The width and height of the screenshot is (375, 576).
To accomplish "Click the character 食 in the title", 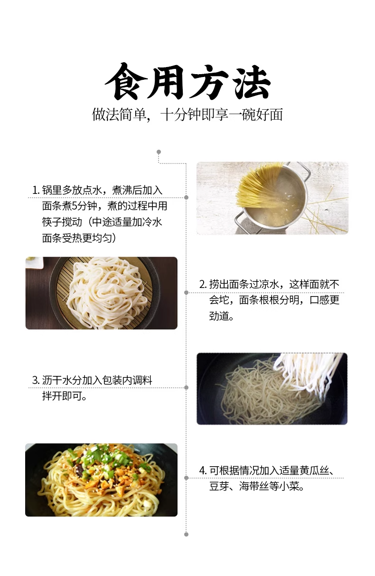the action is pyautogui.click(x=123, y=82).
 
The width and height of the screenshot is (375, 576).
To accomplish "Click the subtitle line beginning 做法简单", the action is pyautogui.click(x=187, y=115).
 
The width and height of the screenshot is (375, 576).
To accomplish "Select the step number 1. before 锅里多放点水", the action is pyautogui.click(x=36, y=190).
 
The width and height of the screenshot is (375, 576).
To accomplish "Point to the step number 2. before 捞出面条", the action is pyautogui.click(x=203, y=284).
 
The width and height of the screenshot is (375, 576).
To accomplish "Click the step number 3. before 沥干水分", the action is pyautogui.click(x=36, y=380).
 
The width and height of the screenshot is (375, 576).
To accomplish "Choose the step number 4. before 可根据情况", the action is pyautogui.click(x=203, y=470).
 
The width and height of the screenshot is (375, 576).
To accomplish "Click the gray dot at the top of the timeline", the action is pyautogui.click(x=159, y=152).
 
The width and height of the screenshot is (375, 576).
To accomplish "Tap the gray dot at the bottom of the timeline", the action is pyautogui.click(x=187, y=534).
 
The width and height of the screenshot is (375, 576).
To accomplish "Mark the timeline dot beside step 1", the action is pyautogui.click(x=187, y=198).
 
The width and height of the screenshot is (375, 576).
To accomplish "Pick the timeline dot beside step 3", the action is pyautogui.click(x=187, y=387).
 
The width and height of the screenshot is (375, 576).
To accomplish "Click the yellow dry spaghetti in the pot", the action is pyautogui.click(x=260, y=185).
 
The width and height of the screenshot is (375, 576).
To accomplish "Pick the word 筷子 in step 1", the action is pyautogui.click(x=52, y=222).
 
